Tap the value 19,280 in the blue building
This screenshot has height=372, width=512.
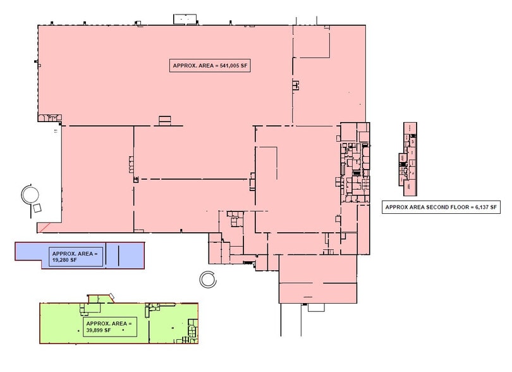(x=61, y=259)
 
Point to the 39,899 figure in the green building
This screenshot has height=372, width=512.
(x=95, y=330)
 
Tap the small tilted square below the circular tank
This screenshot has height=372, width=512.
(x=37, y=209)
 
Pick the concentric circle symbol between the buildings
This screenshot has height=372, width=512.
(x=207, y=278)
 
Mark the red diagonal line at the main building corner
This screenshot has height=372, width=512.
(x=48, y=226)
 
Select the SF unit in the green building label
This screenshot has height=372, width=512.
(x=108, y=330)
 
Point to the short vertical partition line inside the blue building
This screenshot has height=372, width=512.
(x=118, y=255)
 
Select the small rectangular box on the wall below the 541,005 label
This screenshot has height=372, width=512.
(x=164, y=119)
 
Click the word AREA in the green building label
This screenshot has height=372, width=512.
(x=119, y=323)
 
